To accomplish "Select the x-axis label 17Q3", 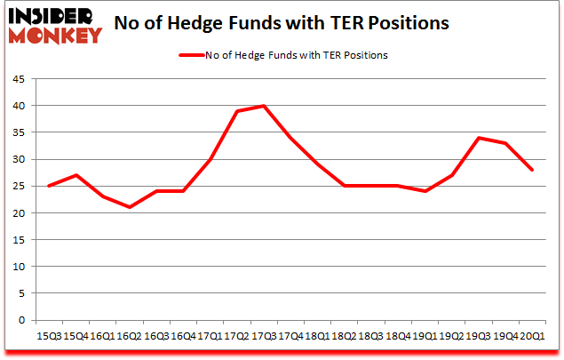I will coord(262,336).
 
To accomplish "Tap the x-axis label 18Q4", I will coord(396,336).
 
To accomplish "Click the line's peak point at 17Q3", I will coord(264,106).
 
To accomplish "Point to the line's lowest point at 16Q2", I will coord(130,207).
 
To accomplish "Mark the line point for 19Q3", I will coord(479,138).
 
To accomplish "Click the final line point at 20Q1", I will coord(532,170).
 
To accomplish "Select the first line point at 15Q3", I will coord(49,186).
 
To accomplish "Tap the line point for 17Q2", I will coord(237,111).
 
